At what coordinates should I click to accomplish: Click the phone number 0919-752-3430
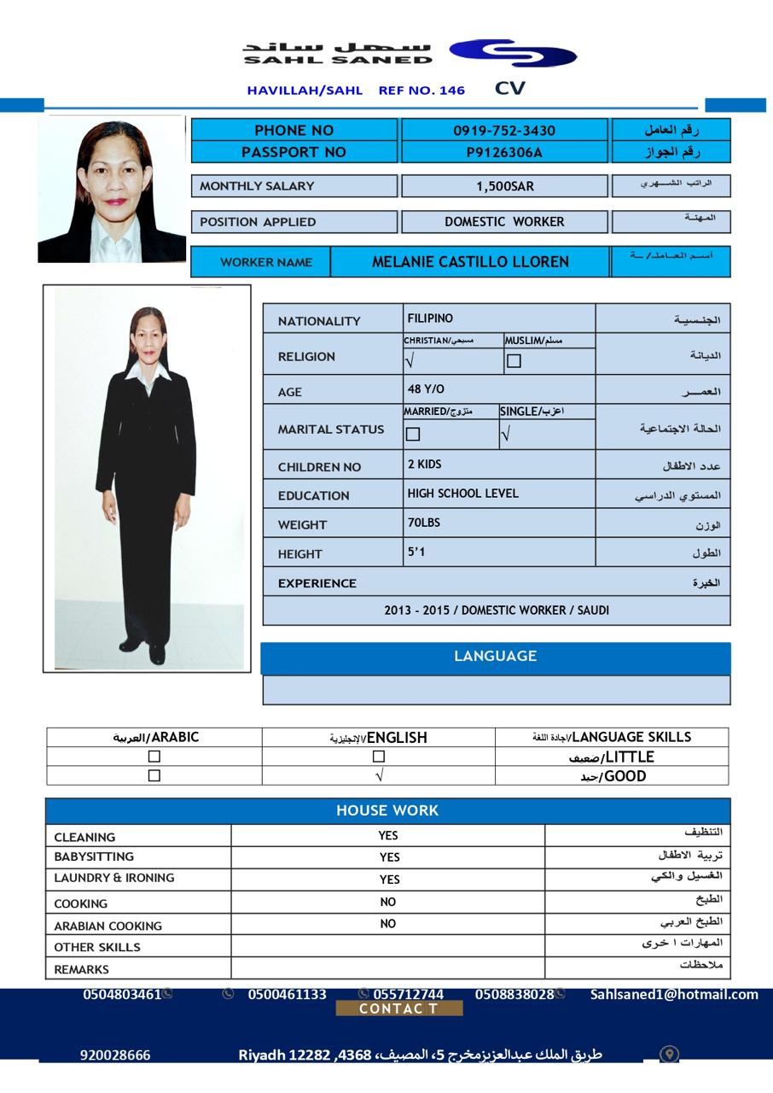pyautogui.click(x=503, y=131)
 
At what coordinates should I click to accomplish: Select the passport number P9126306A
pyautogui.click(x=503, y=153)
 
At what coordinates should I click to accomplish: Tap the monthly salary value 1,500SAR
pyautogui.click(x=504, y=186)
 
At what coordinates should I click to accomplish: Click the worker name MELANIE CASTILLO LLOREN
pyautogui.click(x=470, y=262)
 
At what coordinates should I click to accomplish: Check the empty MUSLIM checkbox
pyautogui.click(x=514, y=361)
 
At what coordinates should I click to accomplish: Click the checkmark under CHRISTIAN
pyautogui.click(x=410, y=361)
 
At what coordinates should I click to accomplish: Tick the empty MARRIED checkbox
pyautogui.click(x=413, y=434)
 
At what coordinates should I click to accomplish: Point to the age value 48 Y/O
pyautogui.click(x=426, y=389)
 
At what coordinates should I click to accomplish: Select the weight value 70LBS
pyautogui.click(x=424, y=523)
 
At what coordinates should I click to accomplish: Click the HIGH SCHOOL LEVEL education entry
pyautogui.click(x=462, y=494)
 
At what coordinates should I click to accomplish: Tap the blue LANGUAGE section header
pyautogui.click(x=495, y=657)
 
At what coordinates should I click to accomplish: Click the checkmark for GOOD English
pyautogui.click(x=379, y=775)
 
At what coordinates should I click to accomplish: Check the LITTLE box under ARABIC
pyautogui.click(x=154, y=756)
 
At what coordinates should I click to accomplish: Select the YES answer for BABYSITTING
pyautogui.click(x=389, y=857)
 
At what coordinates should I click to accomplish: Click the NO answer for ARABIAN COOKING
pyautogui.click(x=388, y=924)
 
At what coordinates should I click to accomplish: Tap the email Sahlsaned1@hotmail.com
pyautogui.click(x=674, y=994)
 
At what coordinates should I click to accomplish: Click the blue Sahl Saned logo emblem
pyautogui.click(x=513, y=53)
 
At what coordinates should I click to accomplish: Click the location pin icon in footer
pyautogui.click(x=669, y=1055)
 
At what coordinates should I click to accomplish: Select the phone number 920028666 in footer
pyautogui.click(x=115, y=1055)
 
